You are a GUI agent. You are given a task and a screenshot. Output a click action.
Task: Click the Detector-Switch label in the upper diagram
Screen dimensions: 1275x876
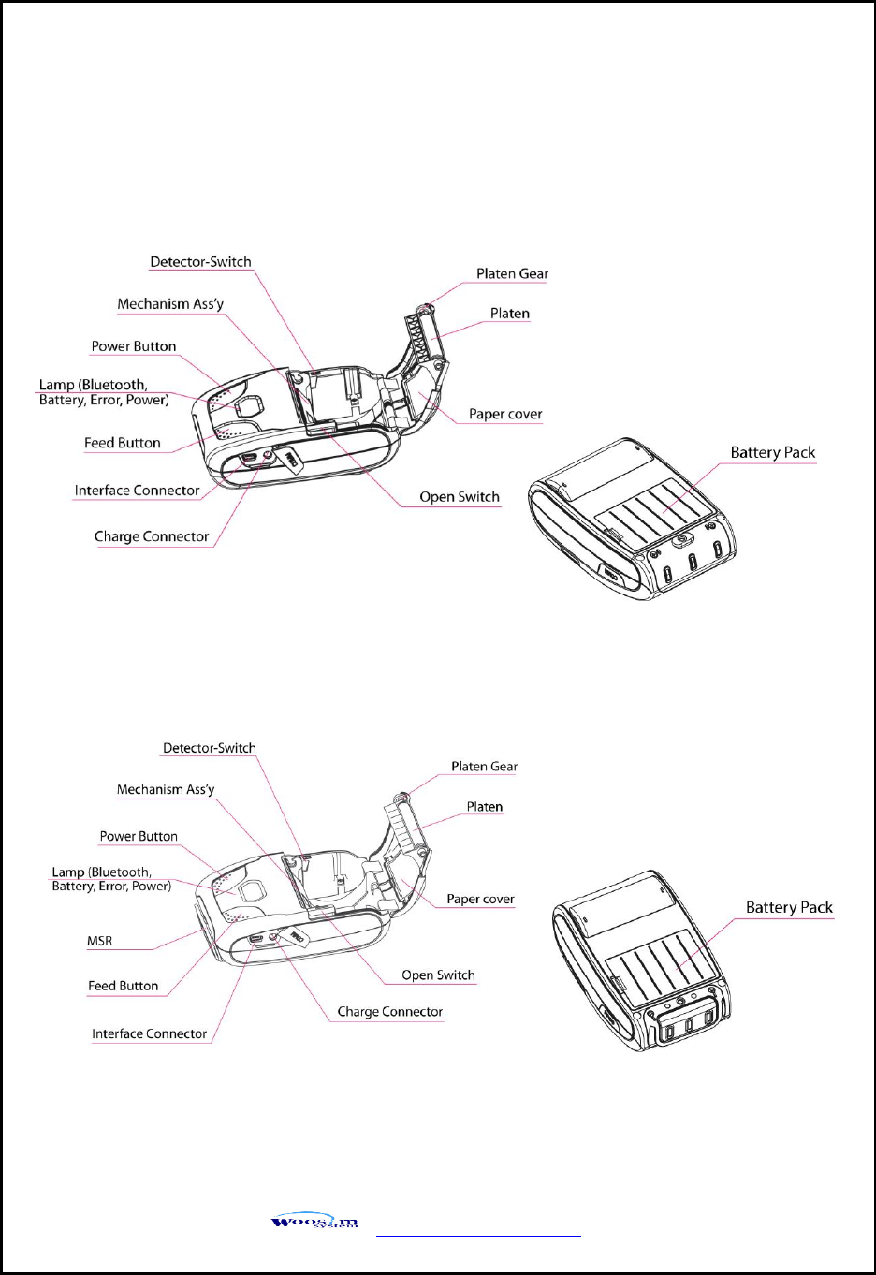point(200,262)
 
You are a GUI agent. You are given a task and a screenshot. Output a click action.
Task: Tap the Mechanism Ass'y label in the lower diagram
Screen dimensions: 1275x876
point(166,790)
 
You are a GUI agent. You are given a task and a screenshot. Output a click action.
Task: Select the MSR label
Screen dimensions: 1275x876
point(100,942)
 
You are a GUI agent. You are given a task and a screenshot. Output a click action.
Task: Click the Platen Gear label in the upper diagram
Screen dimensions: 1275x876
point(512,274)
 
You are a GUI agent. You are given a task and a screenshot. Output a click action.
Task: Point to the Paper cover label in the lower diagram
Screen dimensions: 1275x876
point(480,900)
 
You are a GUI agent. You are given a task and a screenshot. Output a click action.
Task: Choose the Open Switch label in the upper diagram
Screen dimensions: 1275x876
point(459,497)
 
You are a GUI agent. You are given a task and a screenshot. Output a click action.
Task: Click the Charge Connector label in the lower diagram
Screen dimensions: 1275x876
point(389,1012)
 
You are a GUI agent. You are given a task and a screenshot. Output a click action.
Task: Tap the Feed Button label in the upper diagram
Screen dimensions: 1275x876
point(123,444)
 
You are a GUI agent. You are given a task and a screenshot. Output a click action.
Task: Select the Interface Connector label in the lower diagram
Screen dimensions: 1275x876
point(149,1034)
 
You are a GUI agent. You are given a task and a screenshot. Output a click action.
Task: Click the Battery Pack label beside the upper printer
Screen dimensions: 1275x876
point(772,453)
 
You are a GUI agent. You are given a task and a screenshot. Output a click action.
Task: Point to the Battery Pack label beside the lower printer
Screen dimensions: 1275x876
point(788,908)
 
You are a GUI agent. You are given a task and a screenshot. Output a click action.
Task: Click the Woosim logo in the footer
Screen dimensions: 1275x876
point(314,1221)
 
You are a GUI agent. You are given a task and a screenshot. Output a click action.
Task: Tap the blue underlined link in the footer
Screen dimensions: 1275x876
point(478,1235)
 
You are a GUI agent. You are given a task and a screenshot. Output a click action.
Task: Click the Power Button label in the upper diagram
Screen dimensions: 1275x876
point(134,346)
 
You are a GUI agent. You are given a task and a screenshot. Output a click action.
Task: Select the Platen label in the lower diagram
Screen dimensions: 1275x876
point(484,807)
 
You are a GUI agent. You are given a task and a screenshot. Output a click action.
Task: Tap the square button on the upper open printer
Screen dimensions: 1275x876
point(250,405)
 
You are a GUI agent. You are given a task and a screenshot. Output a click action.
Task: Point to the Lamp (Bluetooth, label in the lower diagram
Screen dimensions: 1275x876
point(101,872)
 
